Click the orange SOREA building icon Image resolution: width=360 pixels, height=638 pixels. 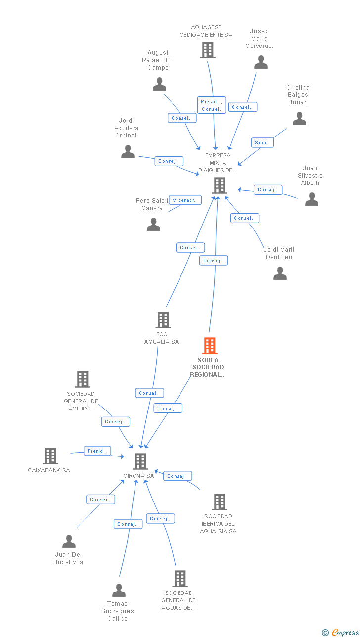point(210,346)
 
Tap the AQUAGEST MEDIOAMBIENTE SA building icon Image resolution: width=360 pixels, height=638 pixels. point(208,50)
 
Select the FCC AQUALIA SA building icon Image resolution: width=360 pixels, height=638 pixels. point(163,320)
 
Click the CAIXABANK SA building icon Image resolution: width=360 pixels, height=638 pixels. point(50,456)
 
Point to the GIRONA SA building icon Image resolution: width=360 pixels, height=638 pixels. point(140,461)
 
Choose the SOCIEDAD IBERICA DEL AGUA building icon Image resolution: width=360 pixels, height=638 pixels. point(220,502)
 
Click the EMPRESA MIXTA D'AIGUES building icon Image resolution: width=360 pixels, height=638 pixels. point(219,185)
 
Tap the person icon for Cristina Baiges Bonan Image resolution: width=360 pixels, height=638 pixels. point(299,119)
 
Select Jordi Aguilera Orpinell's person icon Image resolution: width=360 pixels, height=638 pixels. point(128,152)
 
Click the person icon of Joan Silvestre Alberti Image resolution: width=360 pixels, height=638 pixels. point(312,199)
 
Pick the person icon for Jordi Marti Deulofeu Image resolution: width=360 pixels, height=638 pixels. point(280,273)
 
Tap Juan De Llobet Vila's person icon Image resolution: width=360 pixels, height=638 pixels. point(69,542)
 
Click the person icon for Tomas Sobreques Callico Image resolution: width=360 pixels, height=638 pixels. point(119,591)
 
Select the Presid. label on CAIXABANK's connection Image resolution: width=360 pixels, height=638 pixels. point(97,451)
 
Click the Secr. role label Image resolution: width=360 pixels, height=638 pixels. point(262,143)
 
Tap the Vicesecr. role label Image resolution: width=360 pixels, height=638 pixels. point(185,200)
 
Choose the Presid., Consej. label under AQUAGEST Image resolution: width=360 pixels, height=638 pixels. point(212,105)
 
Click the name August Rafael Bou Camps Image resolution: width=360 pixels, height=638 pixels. point(158,60)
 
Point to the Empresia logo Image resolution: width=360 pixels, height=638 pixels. point(341,632)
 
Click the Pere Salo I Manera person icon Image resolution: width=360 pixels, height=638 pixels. point(153,225)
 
